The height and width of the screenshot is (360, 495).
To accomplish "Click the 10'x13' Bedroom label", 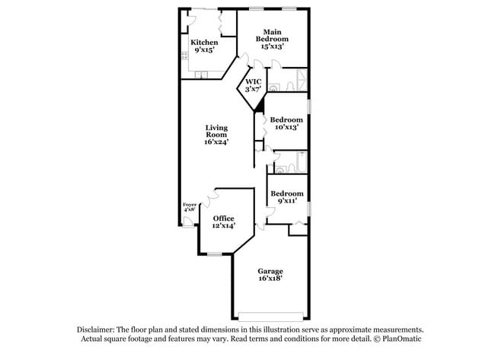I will tap(287, 123).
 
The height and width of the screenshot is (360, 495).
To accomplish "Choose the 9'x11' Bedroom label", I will tap(287, 197).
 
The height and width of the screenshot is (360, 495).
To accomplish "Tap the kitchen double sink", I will tap(201, 74).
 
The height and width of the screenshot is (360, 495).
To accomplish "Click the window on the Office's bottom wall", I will tap(214, 254).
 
